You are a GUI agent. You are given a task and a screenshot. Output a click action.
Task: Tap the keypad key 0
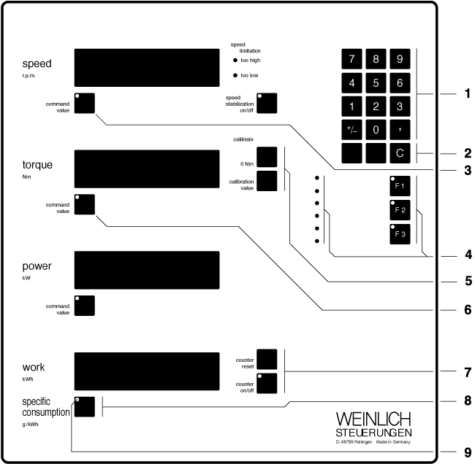[x=376, y=130]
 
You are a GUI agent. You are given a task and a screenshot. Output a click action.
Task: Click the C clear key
[x=399, y=153]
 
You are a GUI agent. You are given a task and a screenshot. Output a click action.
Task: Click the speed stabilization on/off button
[x=267, y=103]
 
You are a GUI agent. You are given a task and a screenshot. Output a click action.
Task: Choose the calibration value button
[x=267, y=180]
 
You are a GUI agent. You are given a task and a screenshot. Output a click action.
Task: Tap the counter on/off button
[x=267, y=383]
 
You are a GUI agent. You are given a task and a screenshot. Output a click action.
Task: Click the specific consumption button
[x=85, y=406]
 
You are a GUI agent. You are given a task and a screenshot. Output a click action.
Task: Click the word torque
[x=37, y=165]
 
